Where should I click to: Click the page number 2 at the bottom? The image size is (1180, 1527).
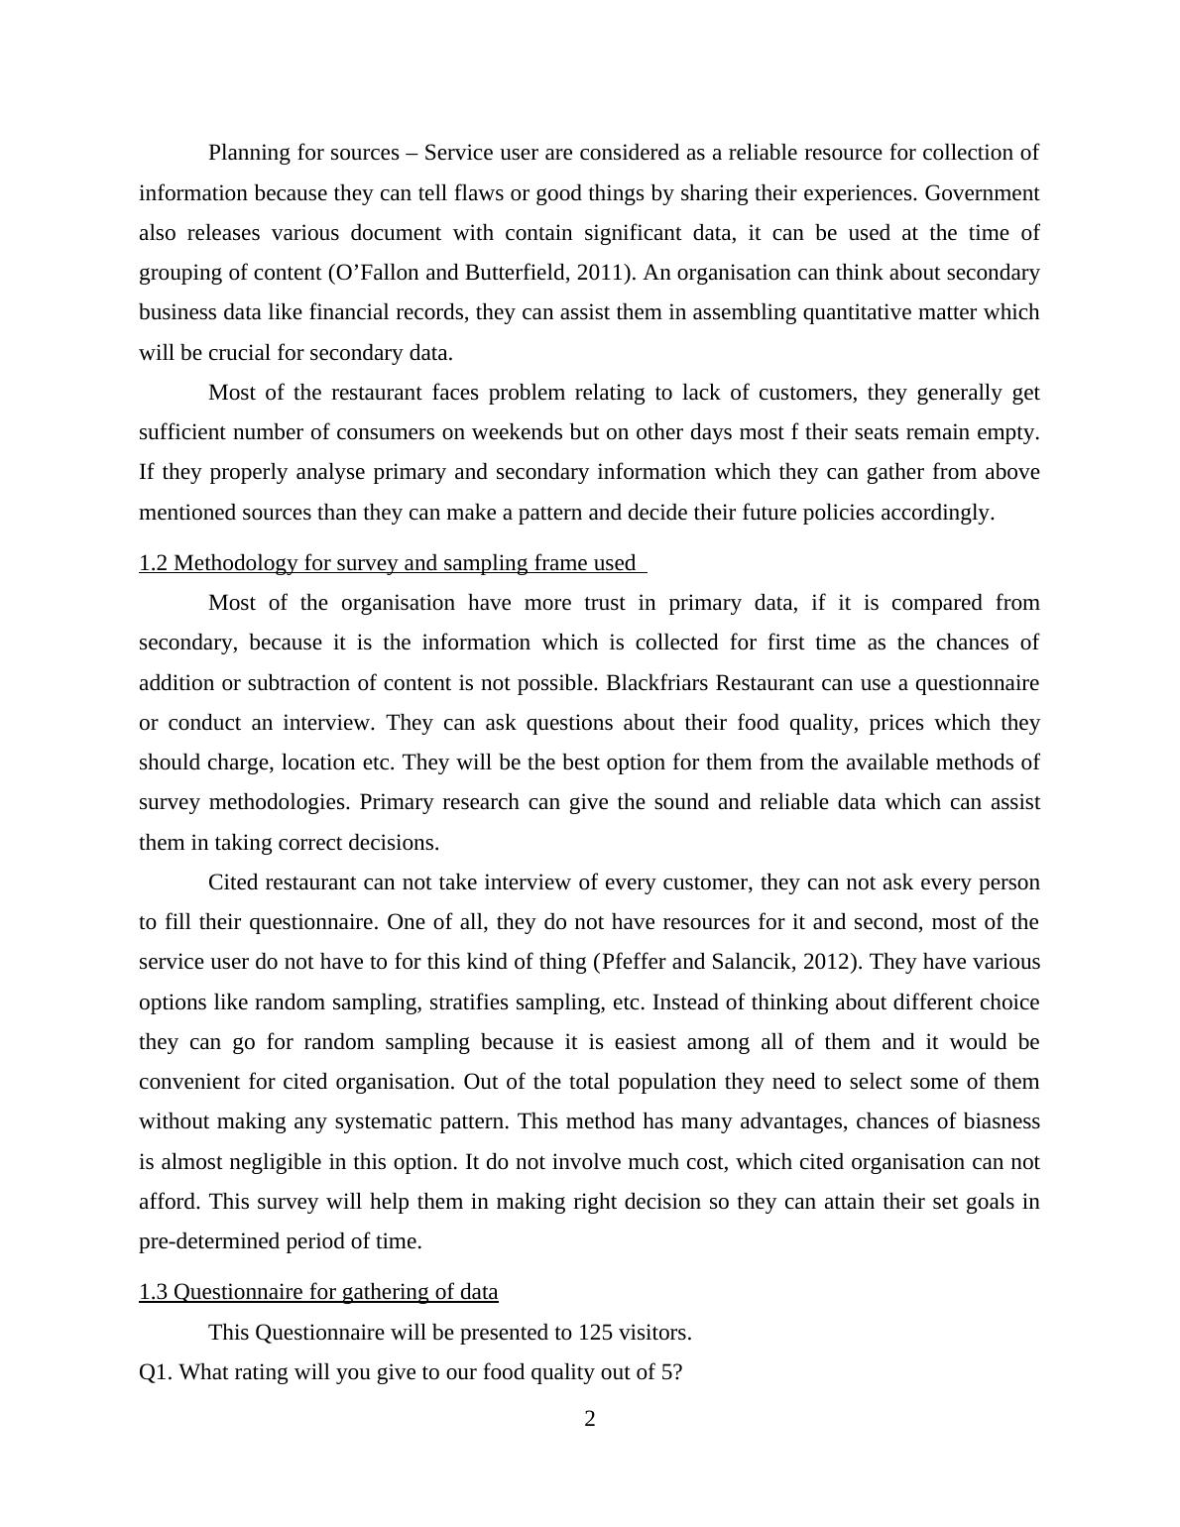pos(590,1419)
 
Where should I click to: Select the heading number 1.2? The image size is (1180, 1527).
pos(154,563)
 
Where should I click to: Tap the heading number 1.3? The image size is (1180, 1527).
pos(154,1291)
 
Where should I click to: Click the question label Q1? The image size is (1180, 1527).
pos(157,1372)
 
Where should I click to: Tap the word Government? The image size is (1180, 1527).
pos(982,193)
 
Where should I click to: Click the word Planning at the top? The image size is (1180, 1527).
pos(248,153)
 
